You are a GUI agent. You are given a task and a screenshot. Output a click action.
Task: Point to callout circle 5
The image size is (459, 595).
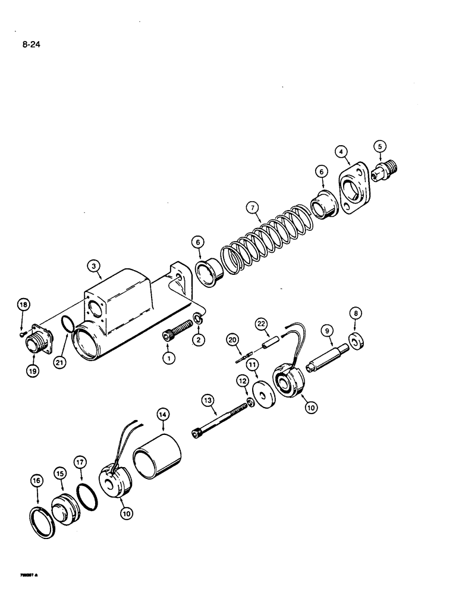[379, 145]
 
